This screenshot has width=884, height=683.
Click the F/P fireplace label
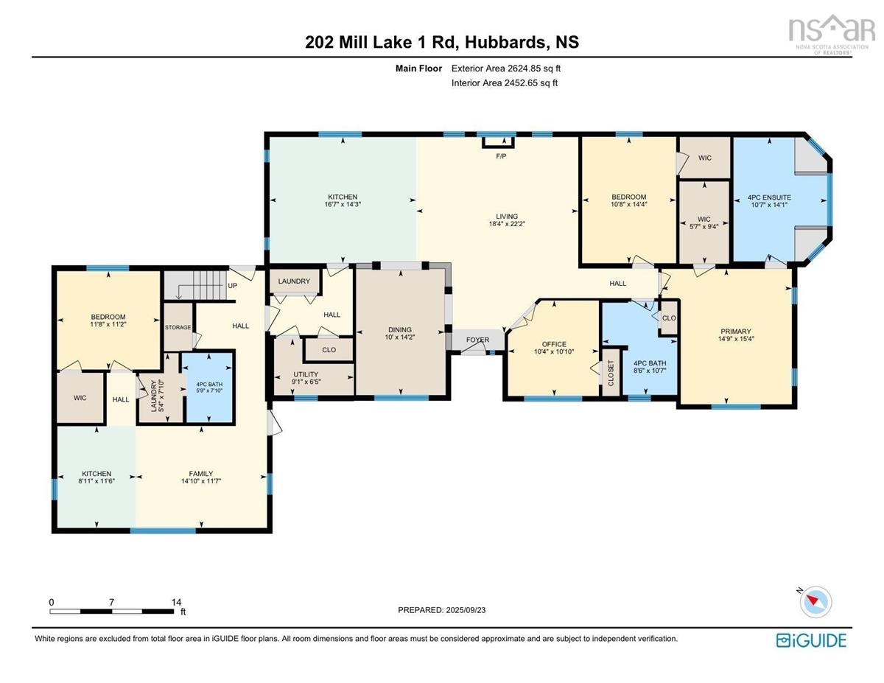(501, 156)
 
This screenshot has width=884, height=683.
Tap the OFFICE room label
(554, 344)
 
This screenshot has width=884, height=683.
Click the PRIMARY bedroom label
(736, 332)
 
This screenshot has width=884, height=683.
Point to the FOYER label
(477, 340)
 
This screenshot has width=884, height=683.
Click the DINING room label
(400, 330)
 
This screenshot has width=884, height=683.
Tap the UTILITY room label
(305, 375)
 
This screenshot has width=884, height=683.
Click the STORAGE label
(178, 327)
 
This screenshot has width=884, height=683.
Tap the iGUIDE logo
(811, 640)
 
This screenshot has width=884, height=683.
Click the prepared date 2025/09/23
(471, 610)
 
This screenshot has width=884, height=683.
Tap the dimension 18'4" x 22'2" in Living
(507, 224)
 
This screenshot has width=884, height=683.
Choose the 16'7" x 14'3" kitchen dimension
(343, 205)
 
